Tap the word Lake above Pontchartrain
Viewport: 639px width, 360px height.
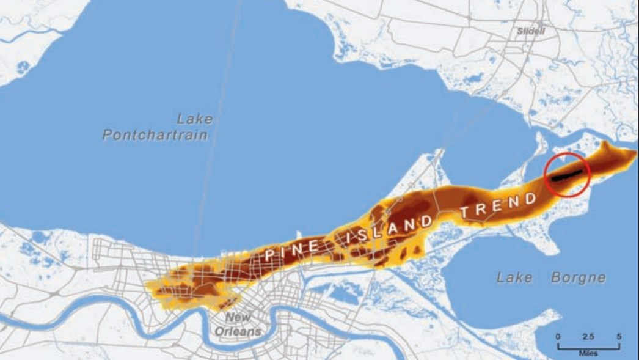point(194,119)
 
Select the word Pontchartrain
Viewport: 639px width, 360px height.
point(155,134)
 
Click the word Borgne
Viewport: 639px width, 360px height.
point(578,277)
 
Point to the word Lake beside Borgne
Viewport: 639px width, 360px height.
point(514,277)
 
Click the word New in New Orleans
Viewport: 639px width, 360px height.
point(238,317)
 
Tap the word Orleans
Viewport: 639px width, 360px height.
point(237,331)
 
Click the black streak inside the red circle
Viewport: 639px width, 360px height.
point(566,175)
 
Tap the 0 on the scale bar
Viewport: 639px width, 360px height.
point(558,337)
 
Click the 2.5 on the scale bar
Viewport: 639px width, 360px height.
point(588,337)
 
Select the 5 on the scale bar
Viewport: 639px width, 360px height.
point(619,337)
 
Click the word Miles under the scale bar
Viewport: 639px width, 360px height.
point(588,353)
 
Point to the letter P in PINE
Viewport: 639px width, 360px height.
point(269,255)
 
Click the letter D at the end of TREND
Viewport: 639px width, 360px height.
point(531,197)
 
